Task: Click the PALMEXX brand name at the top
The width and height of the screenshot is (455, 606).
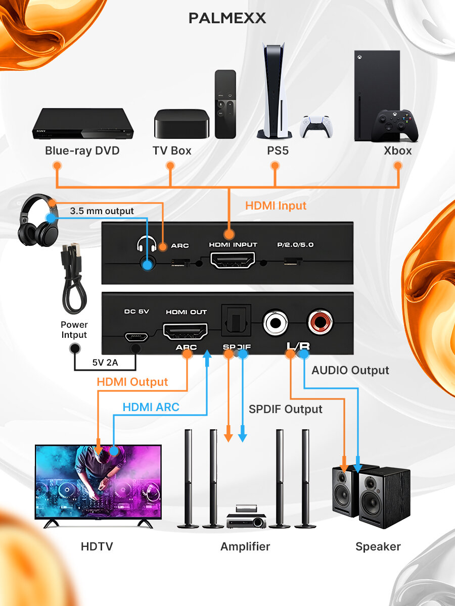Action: (227, 19)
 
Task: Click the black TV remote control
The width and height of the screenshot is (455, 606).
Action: (225, 104)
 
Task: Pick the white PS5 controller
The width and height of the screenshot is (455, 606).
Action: (317, 126)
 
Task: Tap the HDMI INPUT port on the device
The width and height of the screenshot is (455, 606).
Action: (233, 261)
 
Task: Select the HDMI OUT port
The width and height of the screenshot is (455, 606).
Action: (186, 332)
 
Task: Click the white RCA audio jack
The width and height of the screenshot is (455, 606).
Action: (276, 323)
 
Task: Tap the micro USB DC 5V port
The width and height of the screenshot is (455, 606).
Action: (136, 335)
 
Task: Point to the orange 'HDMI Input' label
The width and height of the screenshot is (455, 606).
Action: (276, 206)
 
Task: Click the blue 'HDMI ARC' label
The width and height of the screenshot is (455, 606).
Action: (151, 407)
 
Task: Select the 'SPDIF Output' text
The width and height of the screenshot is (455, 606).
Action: (285, 409)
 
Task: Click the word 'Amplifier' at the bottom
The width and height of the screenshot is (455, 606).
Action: (245, 546)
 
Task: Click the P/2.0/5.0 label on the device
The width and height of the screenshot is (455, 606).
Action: (295, 245)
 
